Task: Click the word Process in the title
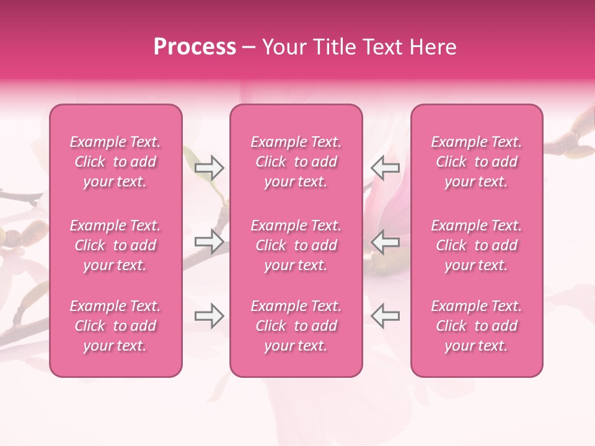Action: pos(195,47)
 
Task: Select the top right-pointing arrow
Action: pos(209,167)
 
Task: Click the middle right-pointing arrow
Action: pos(209,242)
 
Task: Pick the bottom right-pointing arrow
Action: pos(209,316)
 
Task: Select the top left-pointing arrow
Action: pos(385,167)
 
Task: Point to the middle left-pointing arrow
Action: pos(385,242)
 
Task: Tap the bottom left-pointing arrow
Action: pos(385,316)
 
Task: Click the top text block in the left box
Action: pos(115,162)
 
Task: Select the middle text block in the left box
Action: pos(115,245)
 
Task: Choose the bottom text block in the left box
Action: pos(115,326)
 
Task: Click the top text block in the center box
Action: pos(296,162)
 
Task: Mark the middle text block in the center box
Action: pos(296,245)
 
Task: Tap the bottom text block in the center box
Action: pos(296,326)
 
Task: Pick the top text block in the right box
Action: pos(476,162)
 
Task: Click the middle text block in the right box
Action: pos(476,245)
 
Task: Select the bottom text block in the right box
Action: pos(476,326)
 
